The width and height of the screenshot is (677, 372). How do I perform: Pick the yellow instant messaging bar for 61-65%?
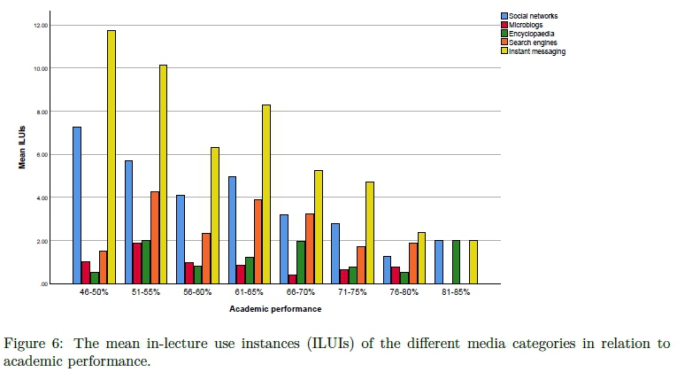(266, 194)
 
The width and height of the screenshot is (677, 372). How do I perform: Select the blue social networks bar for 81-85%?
(439, 261)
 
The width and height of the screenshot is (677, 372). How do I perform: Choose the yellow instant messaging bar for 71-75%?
(370, 232)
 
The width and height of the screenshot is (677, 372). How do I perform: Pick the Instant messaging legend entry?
(537, 51)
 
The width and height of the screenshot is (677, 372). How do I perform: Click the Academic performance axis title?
(274, 309)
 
